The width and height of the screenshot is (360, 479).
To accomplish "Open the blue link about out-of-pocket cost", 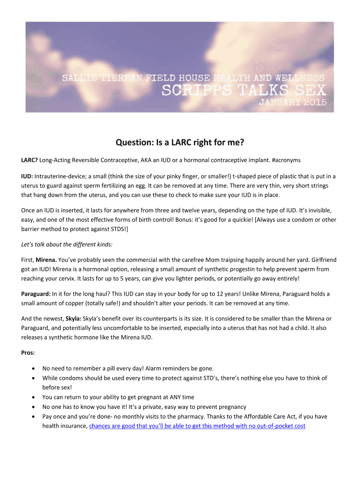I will (197, 426).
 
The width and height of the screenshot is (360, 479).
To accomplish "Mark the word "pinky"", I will (173, 176).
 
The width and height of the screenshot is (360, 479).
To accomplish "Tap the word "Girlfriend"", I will (318, 260).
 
